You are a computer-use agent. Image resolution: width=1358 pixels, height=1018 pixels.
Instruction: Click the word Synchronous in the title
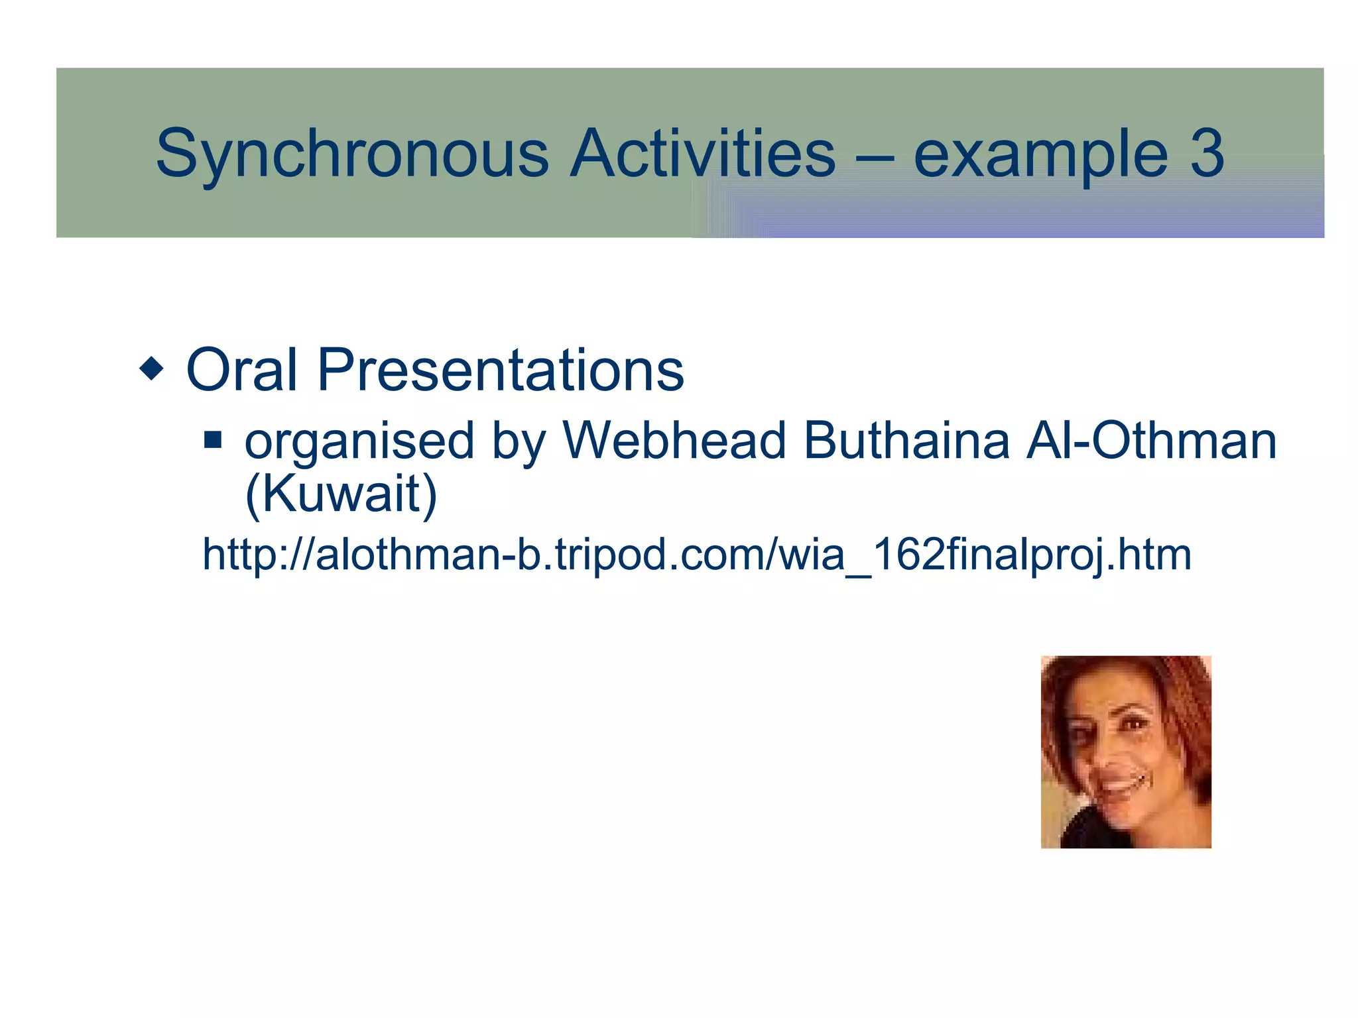tap(351, 154)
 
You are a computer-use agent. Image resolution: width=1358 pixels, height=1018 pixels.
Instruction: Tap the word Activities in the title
tap(703, 154)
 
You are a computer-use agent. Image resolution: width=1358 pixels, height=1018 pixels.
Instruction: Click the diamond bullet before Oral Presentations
tap(152, 368)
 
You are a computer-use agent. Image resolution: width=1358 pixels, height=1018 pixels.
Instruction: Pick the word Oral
tap(241, 370)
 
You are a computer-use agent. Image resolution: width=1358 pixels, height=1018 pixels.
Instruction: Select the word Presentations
tap(501, 370)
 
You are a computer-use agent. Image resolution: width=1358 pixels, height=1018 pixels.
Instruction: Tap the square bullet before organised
tap(213, 440)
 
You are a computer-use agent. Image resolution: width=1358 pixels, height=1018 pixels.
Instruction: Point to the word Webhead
tap(674, 440)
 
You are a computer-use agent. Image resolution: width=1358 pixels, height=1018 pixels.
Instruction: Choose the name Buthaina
tap(906, 440)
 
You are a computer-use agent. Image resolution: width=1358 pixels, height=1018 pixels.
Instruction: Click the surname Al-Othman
tap(1151, 440)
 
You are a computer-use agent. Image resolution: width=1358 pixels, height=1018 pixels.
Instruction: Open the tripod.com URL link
tap(696, 555)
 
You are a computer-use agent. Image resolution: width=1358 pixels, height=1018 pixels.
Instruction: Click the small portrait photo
tap(1126, 752)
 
